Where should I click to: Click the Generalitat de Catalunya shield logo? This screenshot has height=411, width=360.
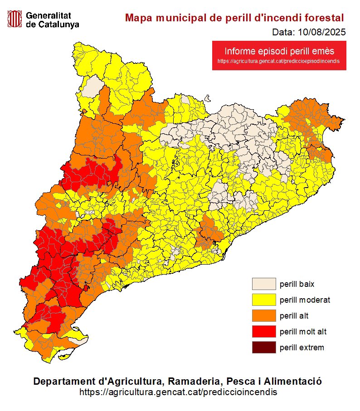(15, 19)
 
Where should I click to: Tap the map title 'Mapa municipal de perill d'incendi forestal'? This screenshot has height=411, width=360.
(234, 18)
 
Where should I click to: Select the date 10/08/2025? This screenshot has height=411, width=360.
(323, 32)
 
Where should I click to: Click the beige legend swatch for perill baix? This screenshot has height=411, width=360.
(264, 284)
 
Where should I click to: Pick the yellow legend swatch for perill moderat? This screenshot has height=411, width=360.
(264, 300)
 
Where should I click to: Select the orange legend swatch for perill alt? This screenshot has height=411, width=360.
(264, 315)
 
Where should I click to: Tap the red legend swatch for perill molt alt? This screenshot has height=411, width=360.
(264, 331)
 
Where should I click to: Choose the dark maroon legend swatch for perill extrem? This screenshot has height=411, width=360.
(264, 347)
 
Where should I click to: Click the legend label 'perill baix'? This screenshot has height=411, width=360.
(297, 285)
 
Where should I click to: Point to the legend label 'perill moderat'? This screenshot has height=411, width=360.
(305, 300)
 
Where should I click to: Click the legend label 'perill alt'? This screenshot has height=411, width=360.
(294, 316)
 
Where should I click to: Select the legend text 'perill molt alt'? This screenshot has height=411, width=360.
(303, 332)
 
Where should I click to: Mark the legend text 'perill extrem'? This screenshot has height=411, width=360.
(302, 348)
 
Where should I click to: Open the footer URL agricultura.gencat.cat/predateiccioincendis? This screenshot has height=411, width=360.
(178, 392)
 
